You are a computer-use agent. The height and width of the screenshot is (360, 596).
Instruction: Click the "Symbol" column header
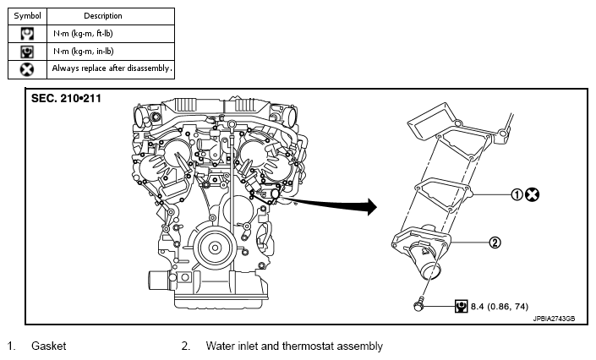point(27,16)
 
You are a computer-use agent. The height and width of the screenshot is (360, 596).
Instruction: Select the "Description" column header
point(103,16)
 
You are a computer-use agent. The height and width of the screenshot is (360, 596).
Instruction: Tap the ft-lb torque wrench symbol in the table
point(27,34)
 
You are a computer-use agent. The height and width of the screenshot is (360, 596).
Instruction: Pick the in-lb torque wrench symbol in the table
point(27,52)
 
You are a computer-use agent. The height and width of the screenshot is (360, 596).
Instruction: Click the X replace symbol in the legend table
point(27,69)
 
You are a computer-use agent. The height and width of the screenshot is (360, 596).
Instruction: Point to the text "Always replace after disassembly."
point(112,68)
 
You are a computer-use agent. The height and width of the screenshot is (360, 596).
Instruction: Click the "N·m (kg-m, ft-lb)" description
point(83,34)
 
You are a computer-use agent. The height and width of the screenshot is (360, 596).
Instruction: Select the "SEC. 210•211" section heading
point(66,99)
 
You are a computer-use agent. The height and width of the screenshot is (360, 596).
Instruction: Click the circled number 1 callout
point(517,194)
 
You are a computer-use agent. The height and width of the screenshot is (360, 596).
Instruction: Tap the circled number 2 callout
point(495,243)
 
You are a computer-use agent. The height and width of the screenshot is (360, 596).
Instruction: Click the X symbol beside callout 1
point(532,194)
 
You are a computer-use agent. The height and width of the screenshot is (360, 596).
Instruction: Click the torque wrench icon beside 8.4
point(461,306)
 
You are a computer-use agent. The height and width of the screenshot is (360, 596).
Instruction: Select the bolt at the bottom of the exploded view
point(418,305)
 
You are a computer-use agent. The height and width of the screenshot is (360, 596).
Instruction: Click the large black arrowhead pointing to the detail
point(371,207)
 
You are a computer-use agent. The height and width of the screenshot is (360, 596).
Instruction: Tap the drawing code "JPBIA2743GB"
point(554,319)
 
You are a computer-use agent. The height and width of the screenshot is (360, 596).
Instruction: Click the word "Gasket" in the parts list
point(49,346)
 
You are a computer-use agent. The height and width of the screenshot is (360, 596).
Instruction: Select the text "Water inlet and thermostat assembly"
point(294,346)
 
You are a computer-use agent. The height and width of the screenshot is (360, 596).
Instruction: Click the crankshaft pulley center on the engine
point(215,248)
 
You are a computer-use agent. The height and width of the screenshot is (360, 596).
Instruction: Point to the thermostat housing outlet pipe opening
point(430,273)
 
